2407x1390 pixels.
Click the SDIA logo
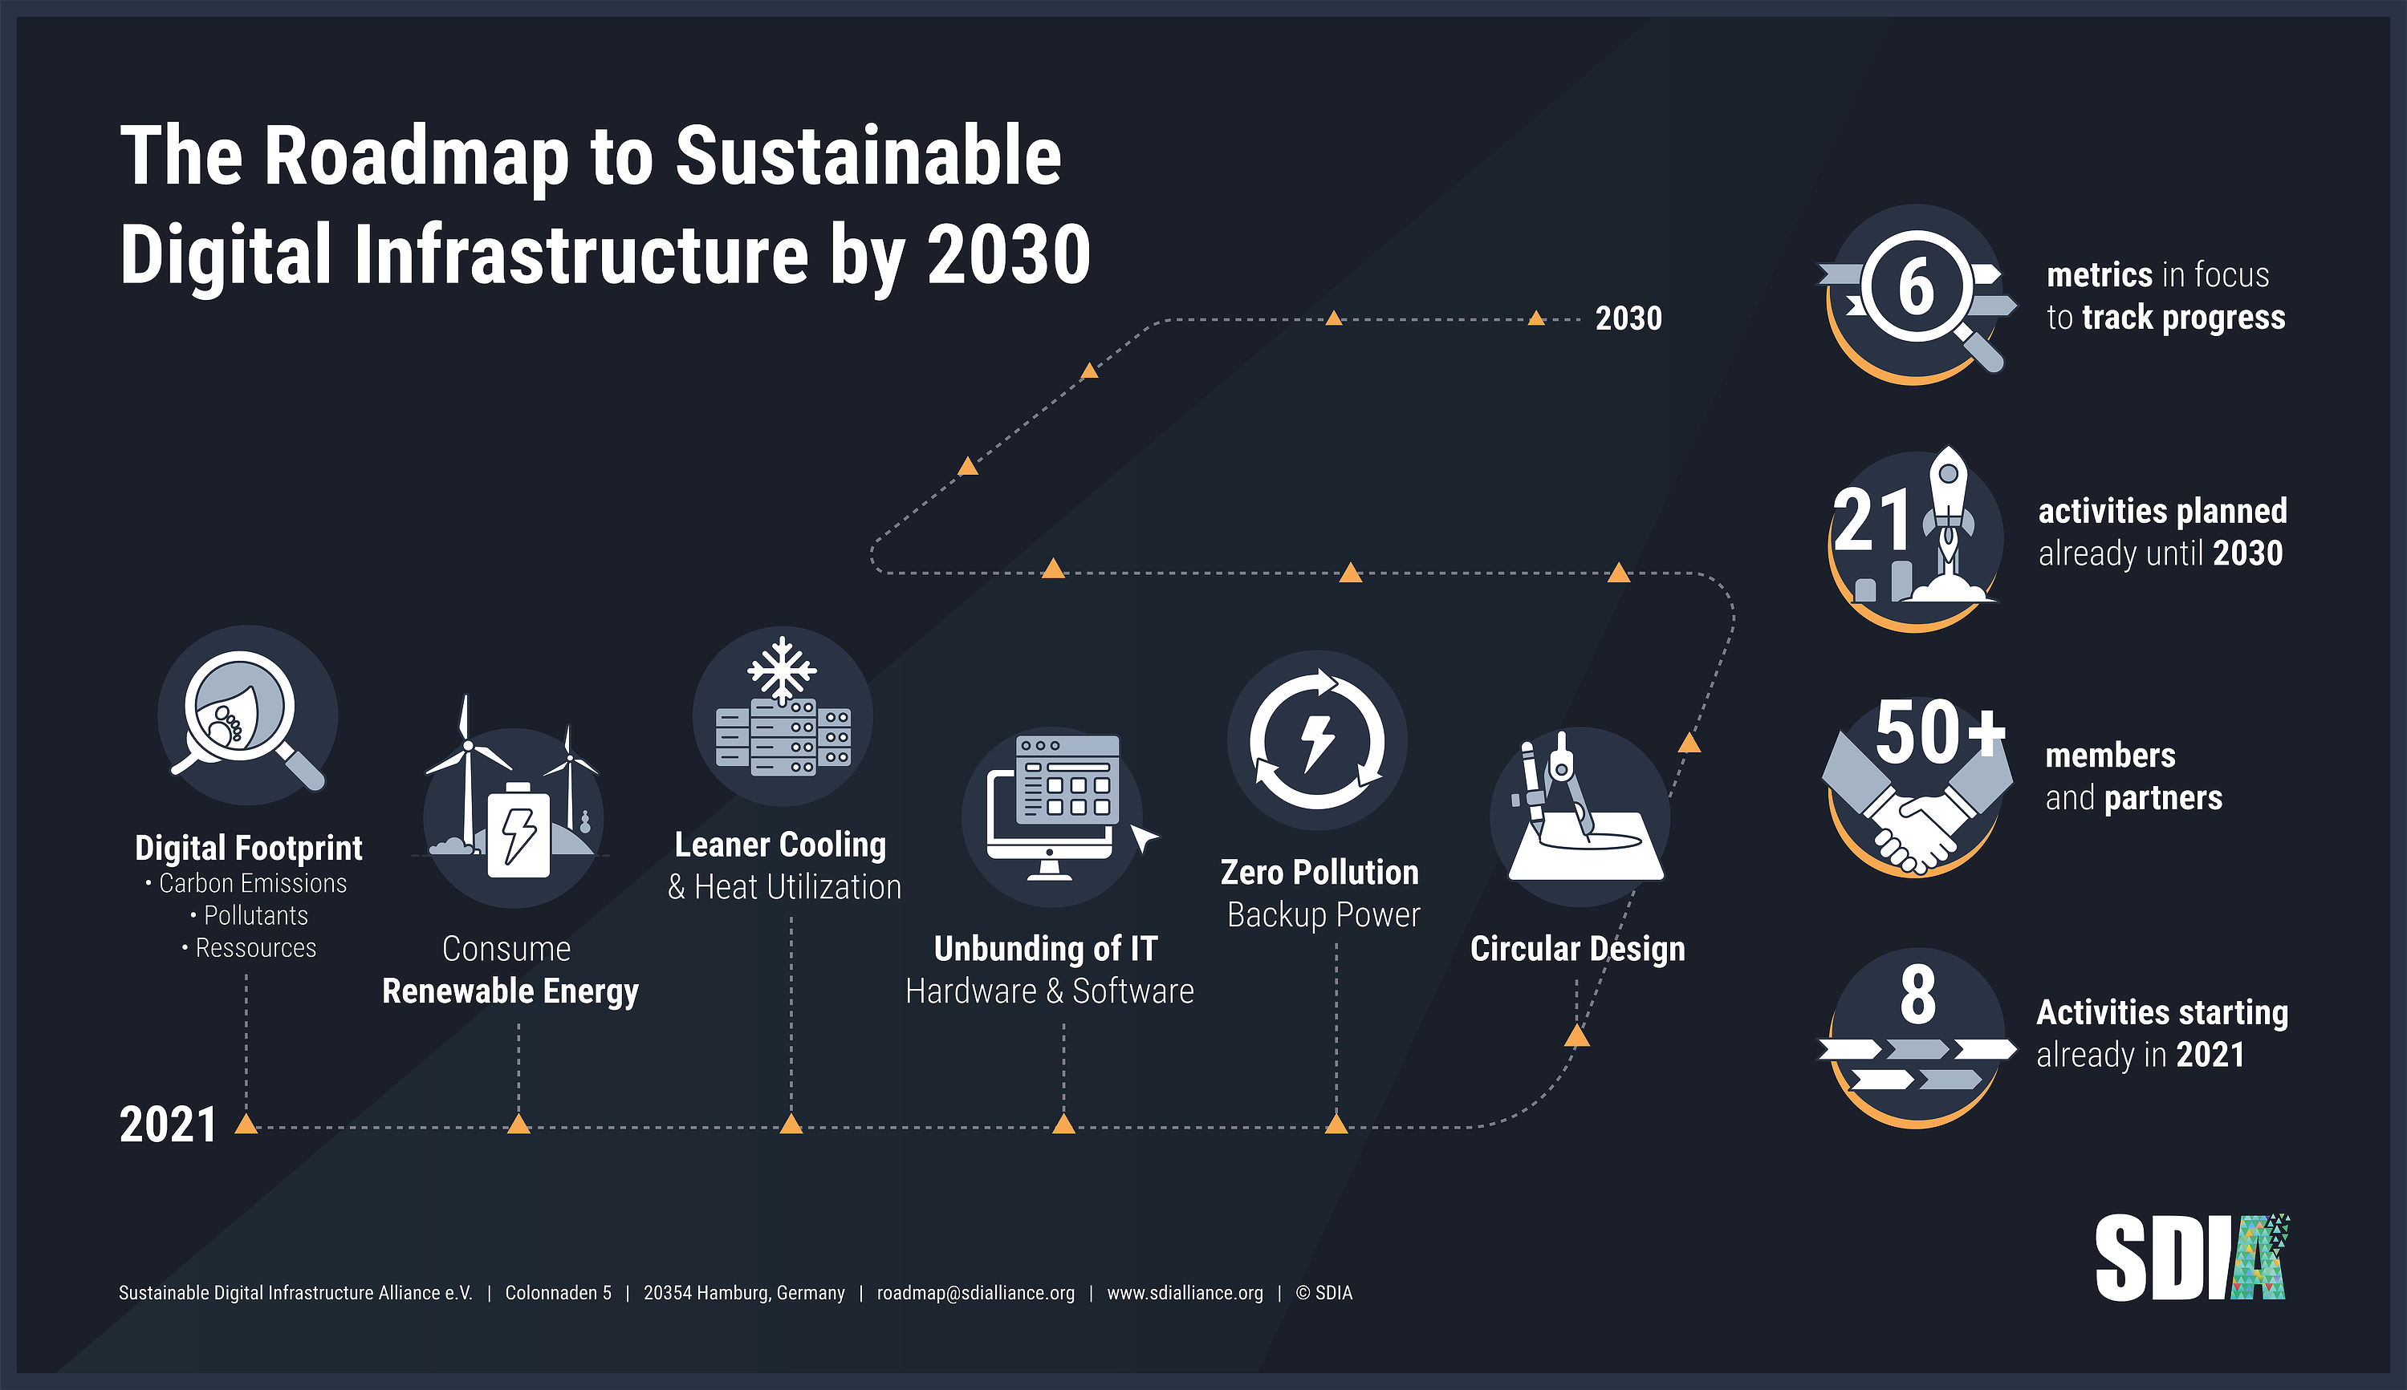click(2192, 1258)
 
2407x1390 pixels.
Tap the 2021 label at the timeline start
click(168, 1125)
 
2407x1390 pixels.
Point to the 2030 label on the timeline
click(1628, 318)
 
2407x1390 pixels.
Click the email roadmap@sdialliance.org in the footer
click(975, 1293)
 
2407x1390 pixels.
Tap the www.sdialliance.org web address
click(1185, 1293)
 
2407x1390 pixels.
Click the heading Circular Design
click(1577, 949)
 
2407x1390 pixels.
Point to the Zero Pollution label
click(1319, 872)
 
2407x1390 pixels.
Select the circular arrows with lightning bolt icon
click(1317, 740)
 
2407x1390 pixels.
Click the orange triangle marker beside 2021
click(246, 1124)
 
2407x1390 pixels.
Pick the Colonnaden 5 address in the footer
click(558, 1293)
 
